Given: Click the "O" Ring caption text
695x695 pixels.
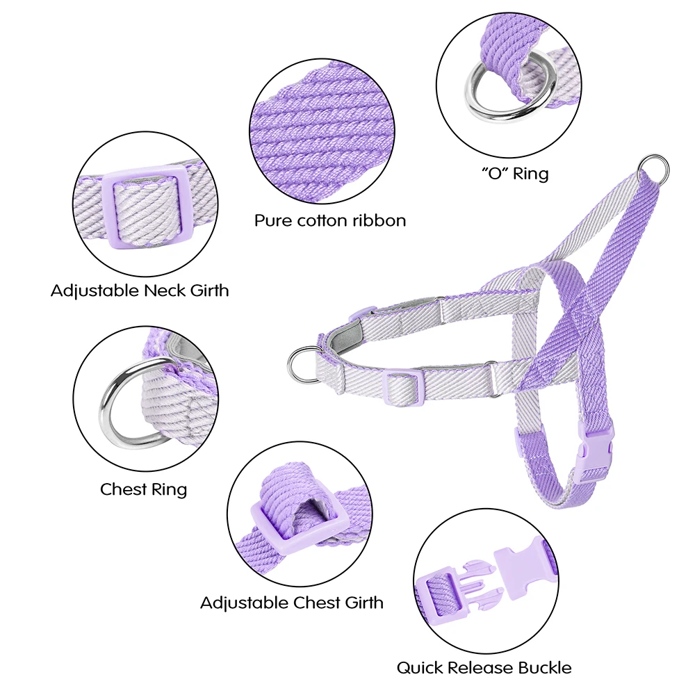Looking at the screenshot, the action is click(515, 173).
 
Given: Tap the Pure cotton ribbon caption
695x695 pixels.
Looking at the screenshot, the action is click(330, 220).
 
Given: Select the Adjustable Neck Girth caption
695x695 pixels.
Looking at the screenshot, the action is click(140, 291).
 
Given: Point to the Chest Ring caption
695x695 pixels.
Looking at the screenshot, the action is click(144, 489).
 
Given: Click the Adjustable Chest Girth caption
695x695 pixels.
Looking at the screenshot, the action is click(292, 603).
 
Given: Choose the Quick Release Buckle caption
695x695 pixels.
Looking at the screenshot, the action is click(484, 667).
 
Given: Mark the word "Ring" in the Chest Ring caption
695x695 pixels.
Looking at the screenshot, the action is click(170, 490).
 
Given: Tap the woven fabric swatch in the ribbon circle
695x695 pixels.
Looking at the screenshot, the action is click(322, 131).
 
